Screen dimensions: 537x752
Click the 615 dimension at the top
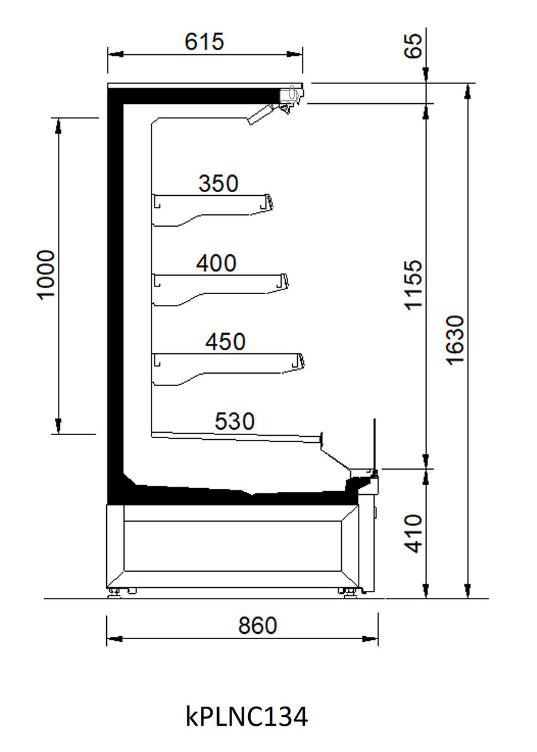click(x=204, y=42)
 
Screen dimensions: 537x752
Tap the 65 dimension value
click(x=413, y=46)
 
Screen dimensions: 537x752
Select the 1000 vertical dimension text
click(x=47, y=275)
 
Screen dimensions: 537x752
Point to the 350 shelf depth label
click(x=218, y=183)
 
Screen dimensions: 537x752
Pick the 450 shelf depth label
click(x=226, y=342)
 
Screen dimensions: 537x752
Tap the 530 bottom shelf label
click(x=234, y=421)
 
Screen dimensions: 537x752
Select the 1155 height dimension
click(x=413, y=284)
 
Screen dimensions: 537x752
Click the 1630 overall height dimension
click(x=456, y=340)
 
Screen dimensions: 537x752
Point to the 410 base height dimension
click(x=413, y=534)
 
